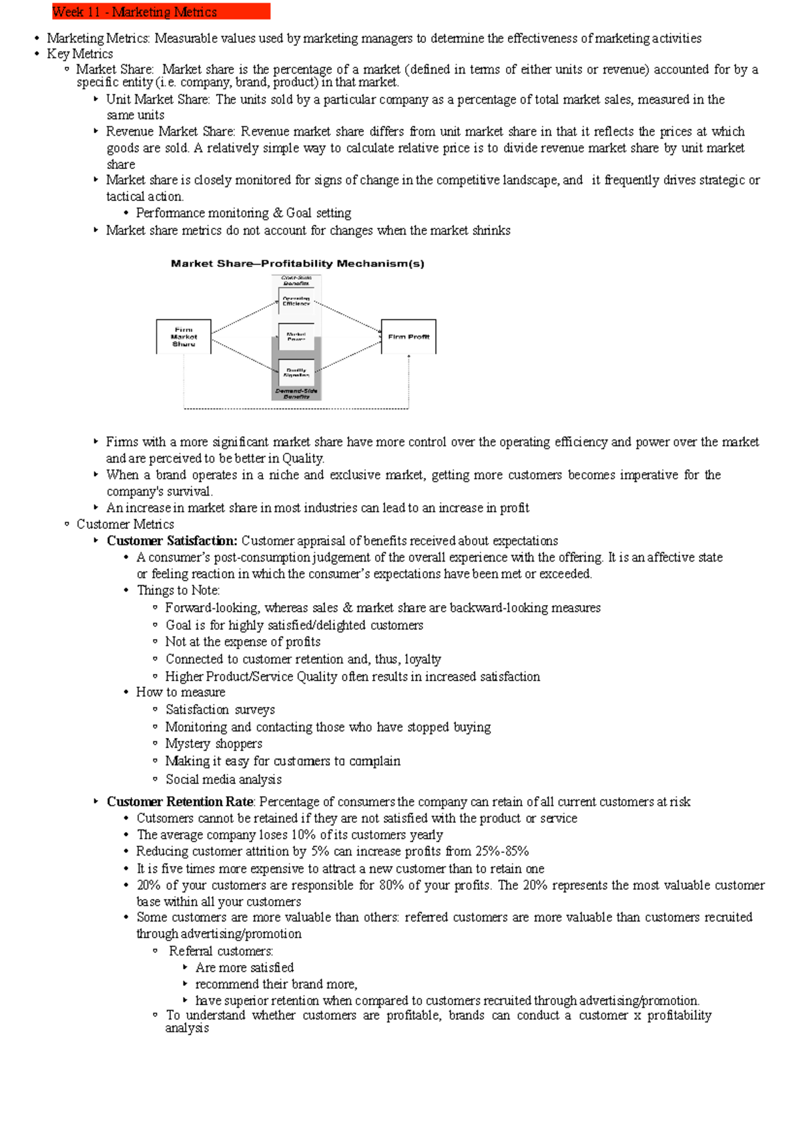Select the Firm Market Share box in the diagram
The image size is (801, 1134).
point(184,337)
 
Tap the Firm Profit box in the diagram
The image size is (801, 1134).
point(409,337)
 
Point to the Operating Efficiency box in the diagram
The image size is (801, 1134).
point(296,301)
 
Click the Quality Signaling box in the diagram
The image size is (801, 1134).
point(296,372)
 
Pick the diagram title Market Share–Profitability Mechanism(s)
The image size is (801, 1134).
point(297,264)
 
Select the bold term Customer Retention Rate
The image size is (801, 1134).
point(180,801)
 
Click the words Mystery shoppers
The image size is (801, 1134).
point(214,744)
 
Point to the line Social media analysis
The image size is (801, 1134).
point(224,779)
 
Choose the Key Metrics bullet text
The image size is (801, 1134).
point(79,54)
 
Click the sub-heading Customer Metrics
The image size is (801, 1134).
point(125,524)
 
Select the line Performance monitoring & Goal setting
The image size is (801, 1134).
point(244,213)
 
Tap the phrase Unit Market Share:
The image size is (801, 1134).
point(158,100)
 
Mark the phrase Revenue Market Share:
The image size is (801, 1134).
point(170,132)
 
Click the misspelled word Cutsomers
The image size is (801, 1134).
point(165,818)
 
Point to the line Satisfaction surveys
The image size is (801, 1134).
point(220,709)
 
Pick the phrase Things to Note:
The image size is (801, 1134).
point(178,590)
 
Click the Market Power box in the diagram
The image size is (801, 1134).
point(296,336)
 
